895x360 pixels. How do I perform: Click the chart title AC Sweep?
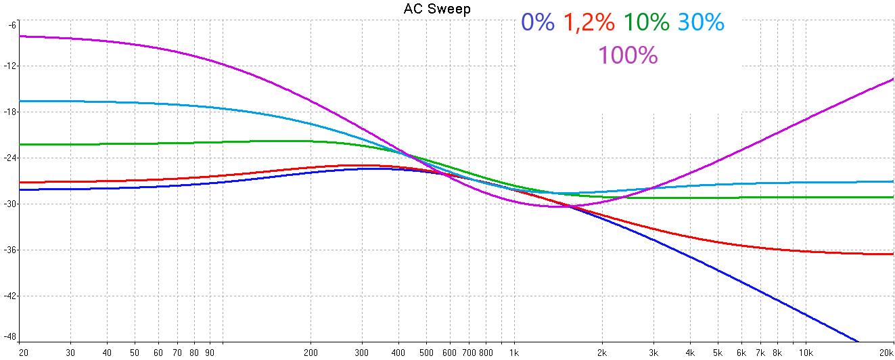click(437, 9)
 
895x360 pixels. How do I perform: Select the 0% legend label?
click(538, 23)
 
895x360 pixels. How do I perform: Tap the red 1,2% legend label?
click(589, 23)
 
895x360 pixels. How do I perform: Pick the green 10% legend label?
click(646, 23)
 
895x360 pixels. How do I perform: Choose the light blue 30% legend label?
click(701, 23)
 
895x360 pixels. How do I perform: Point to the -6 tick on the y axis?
click(12, 25)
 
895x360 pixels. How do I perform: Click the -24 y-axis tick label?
click(10, 158)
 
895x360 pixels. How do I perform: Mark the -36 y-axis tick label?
click(10, 250)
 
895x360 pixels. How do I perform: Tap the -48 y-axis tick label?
click(10, 336)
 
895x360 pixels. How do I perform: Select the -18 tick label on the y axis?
click(10, 112)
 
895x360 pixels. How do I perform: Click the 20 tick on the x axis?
click(23, 352)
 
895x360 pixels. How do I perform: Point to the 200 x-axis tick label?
click(311, 352)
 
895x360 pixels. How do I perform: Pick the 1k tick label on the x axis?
click(514, 352)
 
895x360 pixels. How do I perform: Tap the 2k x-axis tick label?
click(602, 352)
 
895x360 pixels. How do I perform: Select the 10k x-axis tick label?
click(805, 352)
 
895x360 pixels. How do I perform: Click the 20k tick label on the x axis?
click(886, 352)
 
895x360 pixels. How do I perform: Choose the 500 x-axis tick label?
click(426, 352)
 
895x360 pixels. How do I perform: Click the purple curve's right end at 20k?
click(893, 79)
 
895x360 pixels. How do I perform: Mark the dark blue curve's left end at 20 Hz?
click(21, 190)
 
